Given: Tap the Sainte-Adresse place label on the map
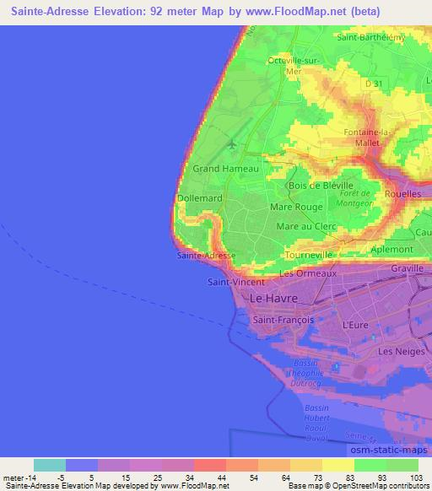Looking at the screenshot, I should [206, 255].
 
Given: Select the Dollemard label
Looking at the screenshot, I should [199, 198].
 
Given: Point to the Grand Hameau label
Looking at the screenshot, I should [225, 169].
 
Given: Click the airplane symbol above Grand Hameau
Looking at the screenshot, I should [231, 145].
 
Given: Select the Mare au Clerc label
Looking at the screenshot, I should [306, 226].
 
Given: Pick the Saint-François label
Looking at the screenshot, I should [283, 321].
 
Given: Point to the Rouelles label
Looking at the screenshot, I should [403, 193].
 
